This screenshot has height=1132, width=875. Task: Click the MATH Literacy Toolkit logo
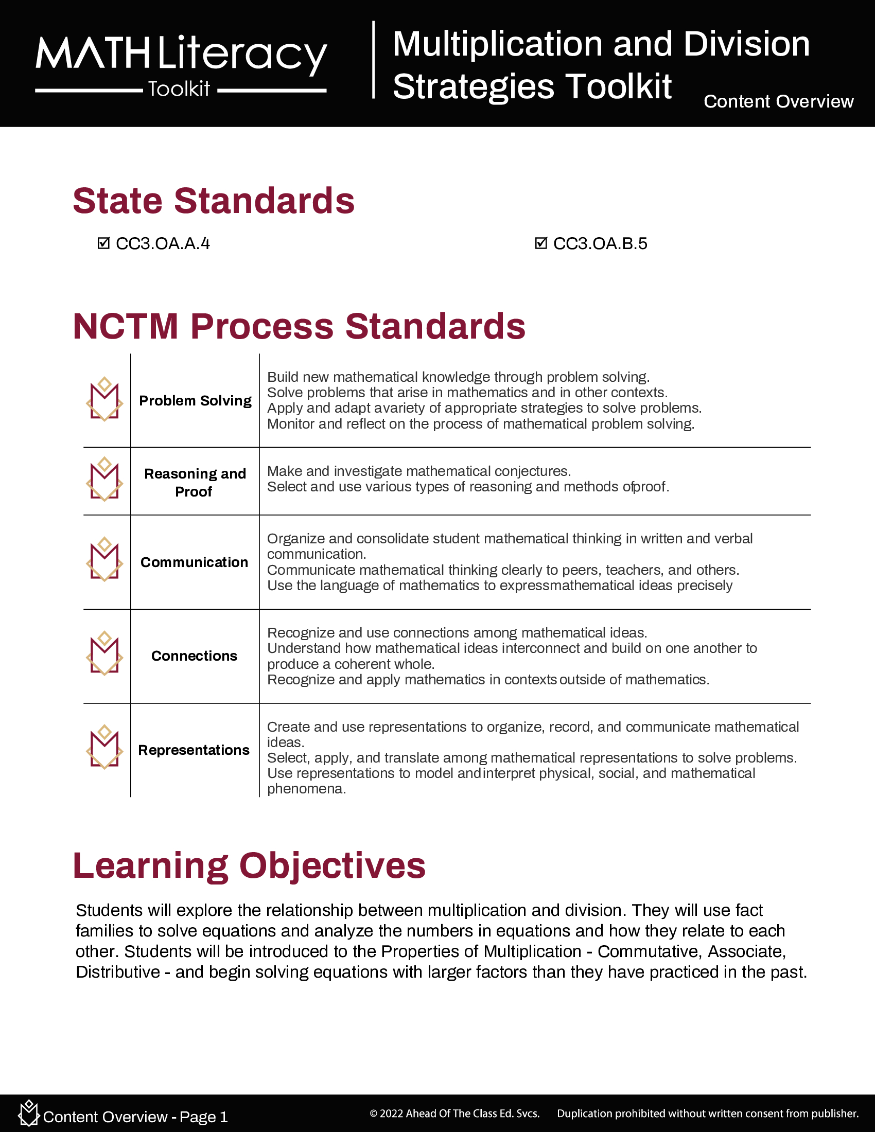[x=181, y=64]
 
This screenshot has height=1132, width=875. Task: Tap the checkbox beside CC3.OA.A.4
[x=103, y=243]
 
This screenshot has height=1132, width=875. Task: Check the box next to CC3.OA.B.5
[x=540, y=243]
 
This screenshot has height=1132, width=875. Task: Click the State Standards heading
[x=214, y=201]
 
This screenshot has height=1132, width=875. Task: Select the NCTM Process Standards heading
[x=299, y=327]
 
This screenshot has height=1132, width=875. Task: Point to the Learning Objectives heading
[x=249, y=865]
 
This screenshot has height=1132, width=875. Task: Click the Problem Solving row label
[x=195, y=401]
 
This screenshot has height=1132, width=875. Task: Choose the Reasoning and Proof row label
[x=195, y=482]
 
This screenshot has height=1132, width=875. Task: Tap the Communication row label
[x=195, y=562]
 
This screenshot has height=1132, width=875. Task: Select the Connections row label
[x=195, y=656]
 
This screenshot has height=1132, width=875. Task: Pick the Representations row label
[x=194, y=750]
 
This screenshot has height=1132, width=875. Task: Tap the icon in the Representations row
[x=104, y=747]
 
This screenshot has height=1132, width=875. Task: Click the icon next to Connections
[x=104, y=653]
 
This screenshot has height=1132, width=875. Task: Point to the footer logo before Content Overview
[x=28, y=1113]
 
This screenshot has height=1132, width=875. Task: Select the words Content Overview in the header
[x=778, y=101]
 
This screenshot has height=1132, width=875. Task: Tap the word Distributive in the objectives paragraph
[x=118, y=972]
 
